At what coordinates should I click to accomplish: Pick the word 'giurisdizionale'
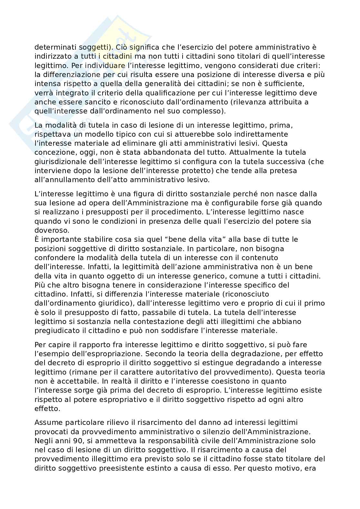[59, 161]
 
